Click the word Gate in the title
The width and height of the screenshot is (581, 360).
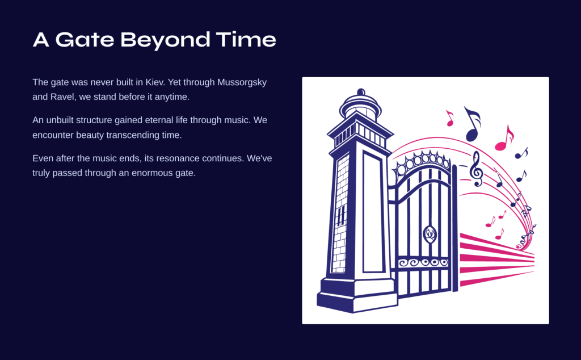[x=85, y=39]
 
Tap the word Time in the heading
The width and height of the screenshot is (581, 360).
[x=246, y=39]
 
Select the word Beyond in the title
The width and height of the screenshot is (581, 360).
[x=165, y=40]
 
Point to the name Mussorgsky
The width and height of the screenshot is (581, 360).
[x=242, y=83]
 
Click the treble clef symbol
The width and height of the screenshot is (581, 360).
[x=477, y=169]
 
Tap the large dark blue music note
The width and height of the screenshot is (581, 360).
[x=472, y=124]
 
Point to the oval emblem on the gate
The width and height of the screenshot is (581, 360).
[x=430, y=235]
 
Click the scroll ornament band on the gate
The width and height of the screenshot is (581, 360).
[x=423, y=263]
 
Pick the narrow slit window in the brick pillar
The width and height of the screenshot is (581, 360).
[x=340, y=215]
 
